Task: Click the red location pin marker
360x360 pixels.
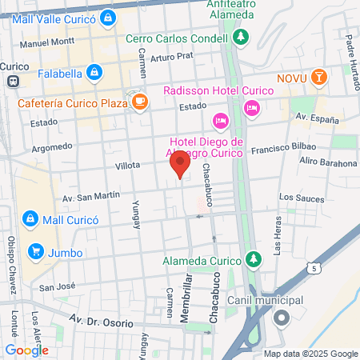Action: (180, 165)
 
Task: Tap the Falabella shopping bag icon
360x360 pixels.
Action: (95, 74)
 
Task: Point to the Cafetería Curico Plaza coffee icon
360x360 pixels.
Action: (141, 101)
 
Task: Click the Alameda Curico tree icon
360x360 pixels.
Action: (254, 259)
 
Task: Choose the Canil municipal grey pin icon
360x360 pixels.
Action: (281, 318)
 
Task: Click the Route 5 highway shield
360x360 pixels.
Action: (318, 269)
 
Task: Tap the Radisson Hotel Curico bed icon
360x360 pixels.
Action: (252, 107)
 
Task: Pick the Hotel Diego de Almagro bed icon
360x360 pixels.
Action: (220, 121)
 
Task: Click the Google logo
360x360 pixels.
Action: (26, 350)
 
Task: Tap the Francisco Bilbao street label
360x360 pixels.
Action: (283, 148)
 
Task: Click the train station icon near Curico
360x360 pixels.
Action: (12, 81)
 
